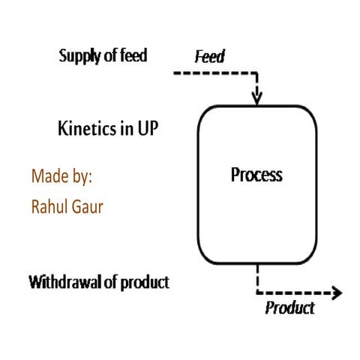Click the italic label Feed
(x=210, y=57)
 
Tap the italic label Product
(x=290, y=307)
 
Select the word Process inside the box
(x=256, y=175)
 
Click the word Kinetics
(x=84, y=128)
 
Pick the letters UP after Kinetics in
(x=145, y=128)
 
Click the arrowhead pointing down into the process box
(x=257, y=97)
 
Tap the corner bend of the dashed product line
(x=257, y=292)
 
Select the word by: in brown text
(x=79, y=177)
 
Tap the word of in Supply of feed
(x=109, y=55)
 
